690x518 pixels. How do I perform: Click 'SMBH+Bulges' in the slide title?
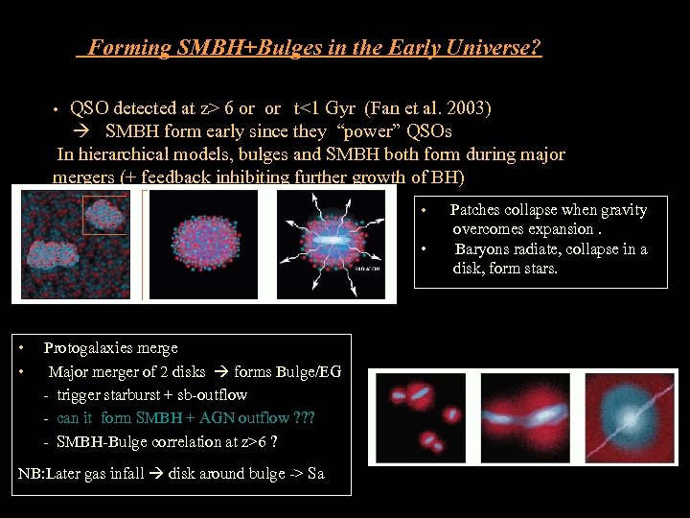pyautogui.click(x=227, y=47)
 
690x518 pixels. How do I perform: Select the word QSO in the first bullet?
pyautogui.click(x=89, y=107)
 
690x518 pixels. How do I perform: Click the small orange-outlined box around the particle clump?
pyautogui.click(x=103, y=215)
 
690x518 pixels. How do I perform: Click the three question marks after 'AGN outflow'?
pyautogui.click(x=304, y=418)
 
